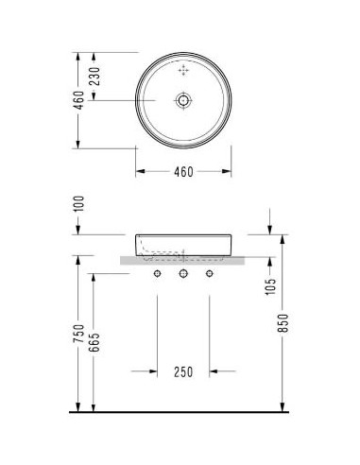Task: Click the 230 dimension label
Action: (x=94, y=77)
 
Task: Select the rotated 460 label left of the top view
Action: (x=78, y=100)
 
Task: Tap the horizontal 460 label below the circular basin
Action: (x=183, y=172)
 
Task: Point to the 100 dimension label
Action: (x=79, y=204)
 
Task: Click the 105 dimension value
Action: (x=270, y=286)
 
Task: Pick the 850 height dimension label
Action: (x=283, y=323)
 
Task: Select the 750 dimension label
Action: (x=78, y=334)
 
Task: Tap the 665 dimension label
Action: (x=94, y=342)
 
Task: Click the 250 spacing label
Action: (x=183, y=372)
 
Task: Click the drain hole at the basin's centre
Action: (x=183, y=100)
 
